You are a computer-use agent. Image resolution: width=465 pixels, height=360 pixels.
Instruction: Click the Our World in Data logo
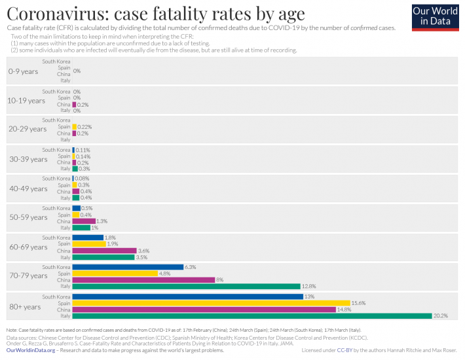pos(435,17)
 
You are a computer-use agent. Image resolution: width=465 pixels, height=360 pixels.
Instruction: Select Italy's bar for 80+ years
pos(251,316)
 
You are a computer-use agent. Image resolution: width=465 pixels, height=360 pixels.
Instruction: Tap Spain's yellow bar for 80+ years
pos(212,303)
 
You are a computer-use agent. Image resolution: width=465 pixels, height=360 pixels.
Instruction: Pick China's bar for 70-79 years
pos(143,279)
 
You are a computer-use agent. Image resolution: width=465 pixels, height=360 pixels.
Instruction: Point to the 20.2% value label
pos(440,316)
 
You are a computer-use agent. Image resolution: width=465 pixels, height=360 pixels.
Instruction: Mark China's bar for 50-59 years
pos(84,221)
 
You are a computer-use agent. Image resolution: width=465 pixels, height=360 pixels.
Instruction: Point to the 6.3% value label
pos(191,267)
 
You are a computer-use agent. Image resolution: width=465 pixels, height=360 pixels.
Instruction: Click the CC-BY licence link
pos(344,351)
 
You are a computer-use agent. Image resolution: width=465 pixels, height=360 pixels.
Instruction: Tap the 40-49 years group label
pos(27,189)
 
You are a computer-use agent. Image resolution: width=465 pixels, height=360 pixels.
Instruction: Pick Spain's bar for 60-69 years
pos(89,244)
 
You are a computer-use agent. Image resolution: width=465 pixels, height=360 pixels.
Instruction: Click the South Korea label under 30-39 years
pos(56,150)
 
